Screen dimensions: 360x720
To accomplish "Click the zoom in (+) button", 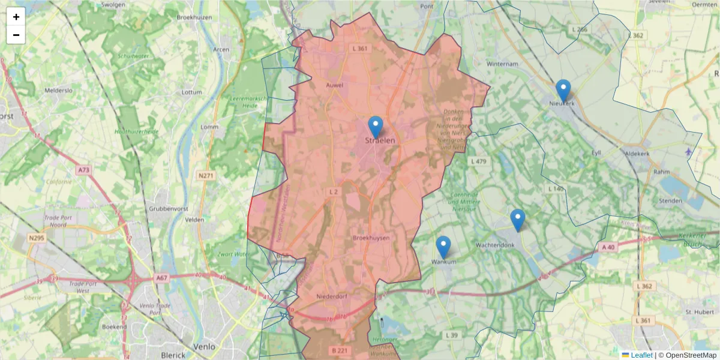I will pyautogui.click(x=16, y=17).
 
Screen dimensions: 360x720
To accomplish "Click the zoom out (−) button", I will pyautogui.click(x=16, y=35).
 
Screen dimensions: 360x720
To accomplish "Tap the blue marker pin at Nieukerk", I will pyautogui.click(x=563, y=91).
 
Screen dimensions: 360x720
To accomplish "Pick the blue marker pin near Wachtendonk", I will pyautogui.click(x=518, y=220).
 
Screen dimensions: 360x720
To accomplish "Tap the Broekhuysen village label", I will pyautogui.click(x=371, y=238).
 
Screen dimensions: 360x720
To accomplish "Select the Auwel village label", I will pyautogui.click(x=334, y=85).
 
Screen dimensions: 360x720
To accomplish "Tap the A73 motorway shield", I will pyautogui.click(x=83, y=170).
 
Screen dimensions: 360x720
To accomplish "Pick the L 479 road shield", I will pyautogui.click(x=479, y=161).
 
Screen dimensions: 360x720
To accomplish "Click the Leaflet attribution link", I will pyautogui.click(x=641, y=355).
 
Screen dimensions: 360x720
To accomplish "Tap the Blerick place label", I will pyautogui.click(x=173, y=355).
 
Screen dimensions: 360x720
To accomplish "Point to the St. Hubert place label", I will pyautogui.click(x=699, y=312).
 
